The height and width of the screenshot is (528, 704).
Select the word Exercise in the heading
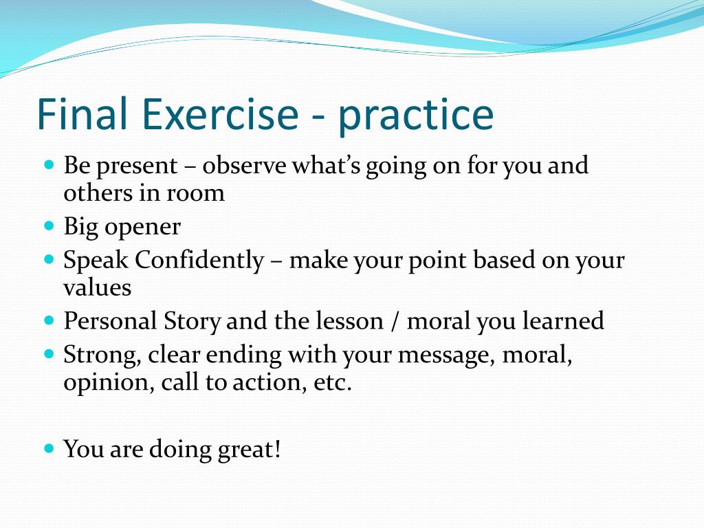tap(220, 113)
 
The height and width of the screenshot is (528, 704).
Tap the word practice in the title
tap(416, 116)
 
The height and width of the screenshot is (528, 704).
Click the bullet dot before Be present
tap(49, 164)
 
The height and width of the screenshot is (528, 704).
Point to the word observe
tap(244, 165)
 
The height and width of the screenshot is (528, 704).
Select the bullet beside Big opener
tap(49, 225)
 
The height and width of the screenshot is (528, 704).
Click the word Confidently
tap(200, 261)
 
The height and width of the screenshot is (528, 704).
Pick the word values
tap(98, 287)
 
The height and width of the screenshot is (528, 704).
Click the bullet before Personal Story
tap(49, 320)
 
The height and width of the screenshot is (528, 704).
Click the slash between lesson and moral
tap(395, 322)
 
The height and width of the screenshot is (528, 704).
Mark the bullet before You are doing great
tap(49, 448)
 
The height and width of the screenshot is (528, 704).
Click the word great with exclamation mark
tap(249, 450)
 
